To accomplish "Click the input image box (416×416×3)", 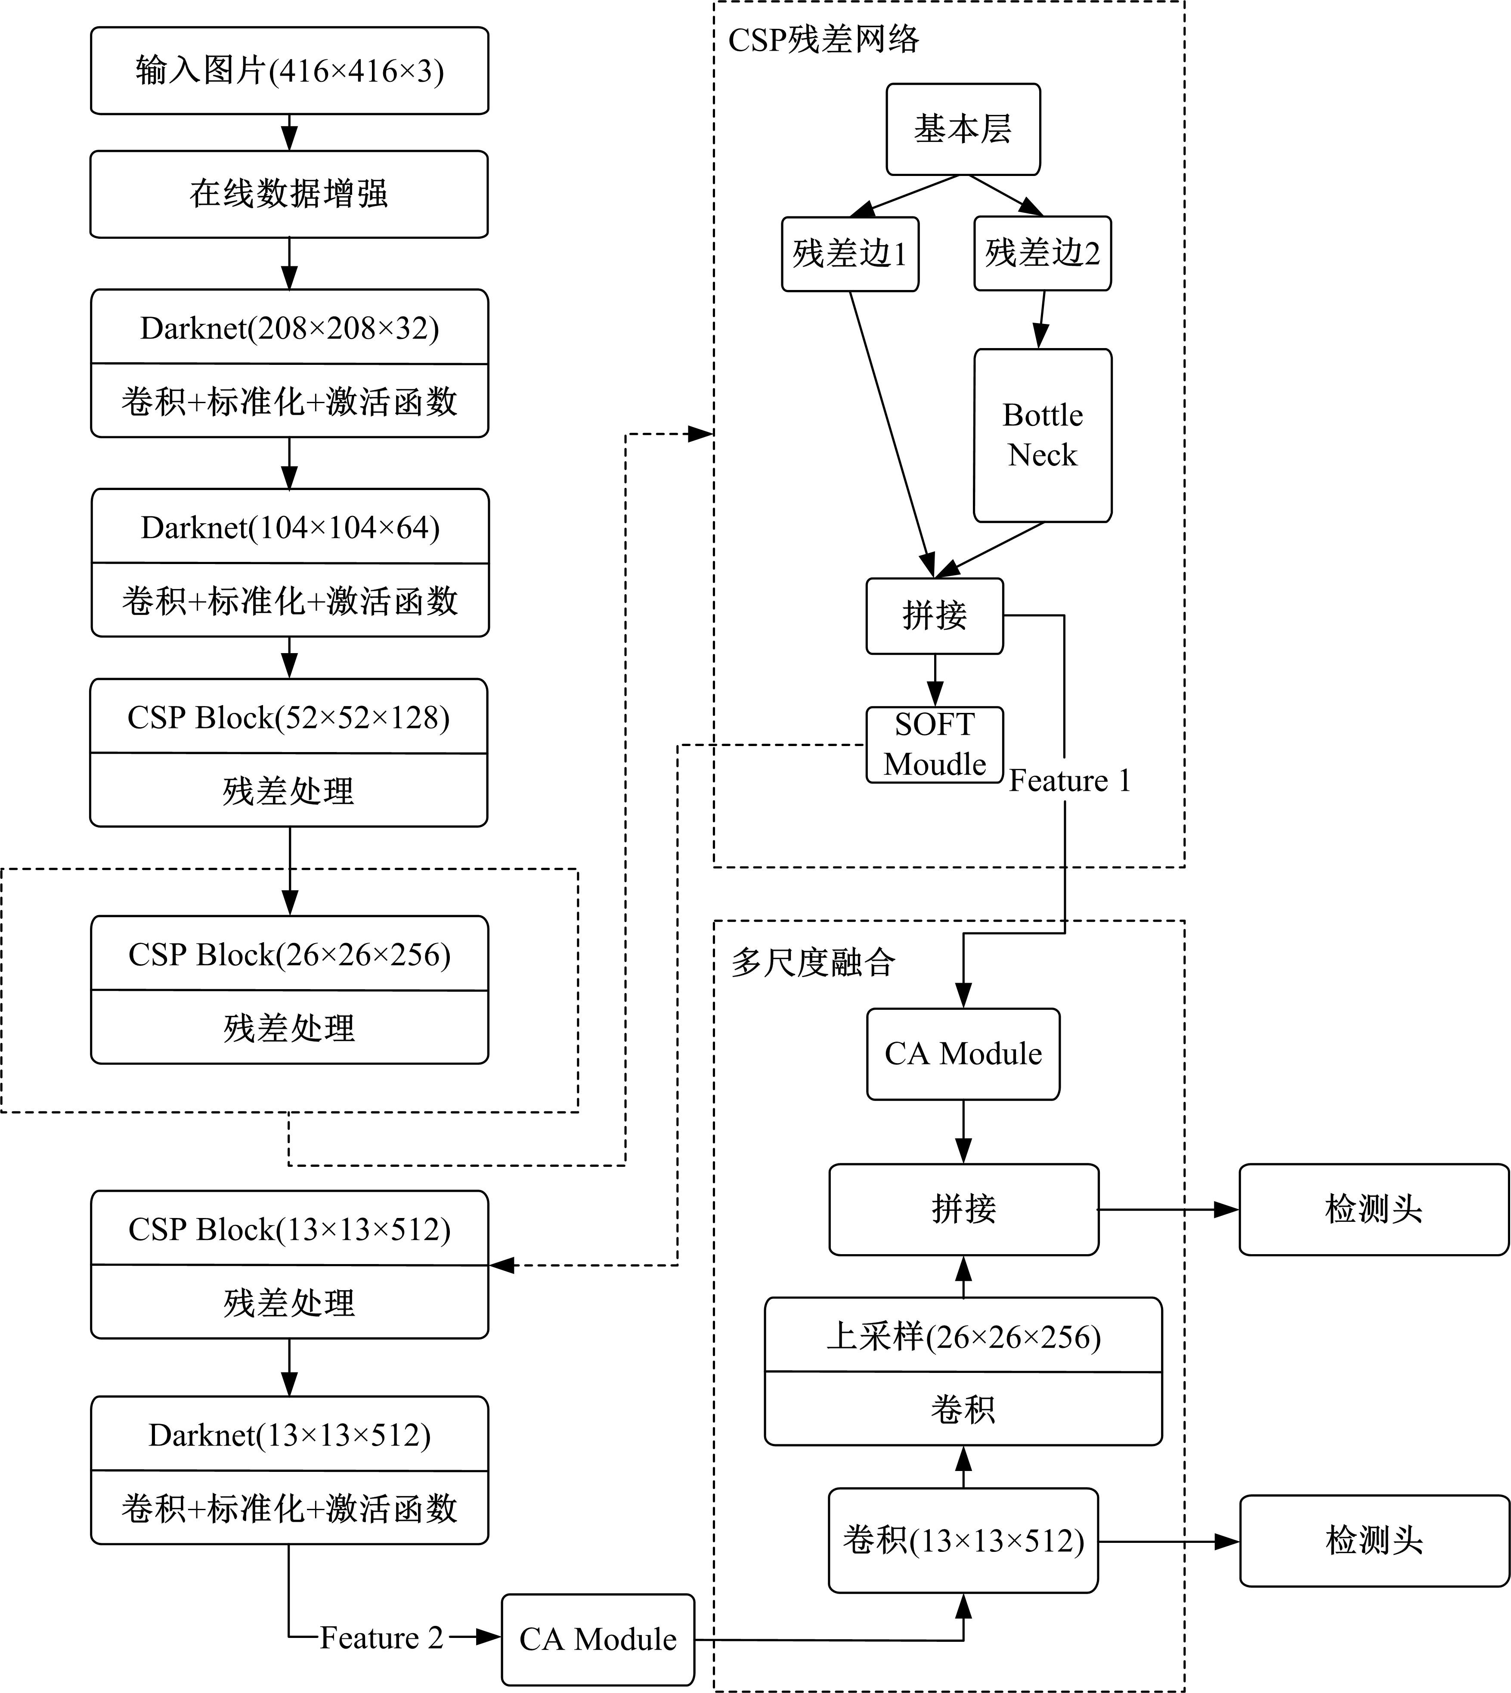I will click(x=289, y=71).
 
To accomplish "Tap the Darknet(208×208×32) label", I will click(x=289, y=328).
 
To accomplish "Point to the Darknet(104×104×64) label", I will click(x=290, y=527).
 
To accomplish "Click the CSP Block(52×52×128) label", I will click(x=288, y=717).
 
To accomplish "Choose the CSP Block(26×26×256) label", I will click(x=289, y=954).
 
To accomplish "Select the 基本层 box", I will click(x=963, y=129).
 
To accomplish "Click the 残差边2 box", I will click(x=1042, y=253).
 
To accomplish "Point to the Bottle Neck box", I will click(x=1042, y=435).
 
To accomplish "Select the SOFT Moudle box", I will click(x=934, y=744).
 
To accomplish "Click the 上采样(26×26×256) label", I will click(x=963, y=1337).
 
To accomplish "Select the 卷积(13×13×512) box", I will click(x=963, y=1541).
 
